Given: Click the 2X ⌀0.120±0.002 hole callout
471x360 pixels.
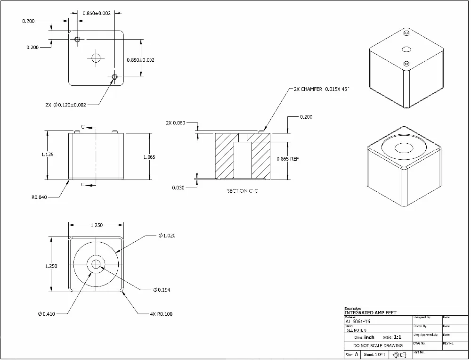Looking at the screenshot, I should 65,105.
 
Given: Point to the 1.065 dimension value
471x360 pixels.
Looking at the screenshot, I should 149,157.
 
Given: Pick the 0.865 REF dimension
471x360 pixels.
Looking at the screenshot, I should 287,159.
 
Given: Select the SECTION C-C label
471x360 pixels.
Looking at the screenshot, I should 243,191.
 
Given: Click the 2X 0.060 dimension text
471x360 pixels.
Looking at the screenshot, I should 175,123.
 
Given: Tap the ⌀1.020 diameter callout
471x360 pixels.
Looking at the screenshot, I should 167,236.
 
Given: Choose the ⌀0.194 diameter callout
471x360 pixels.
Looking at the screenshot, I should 162,290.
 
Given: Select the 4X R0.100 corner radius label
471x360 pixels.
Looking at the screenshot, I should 161,314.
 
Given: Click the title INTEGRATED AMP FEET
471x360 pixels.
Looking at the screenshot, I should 371,313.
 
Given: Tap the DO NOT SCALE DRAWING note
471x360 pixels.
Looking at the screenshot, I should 378,345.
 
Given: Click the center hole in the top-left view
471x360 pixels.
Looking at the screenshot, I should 97,58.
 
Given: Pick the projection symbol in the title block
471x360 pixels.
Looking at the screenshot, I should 399,354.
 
